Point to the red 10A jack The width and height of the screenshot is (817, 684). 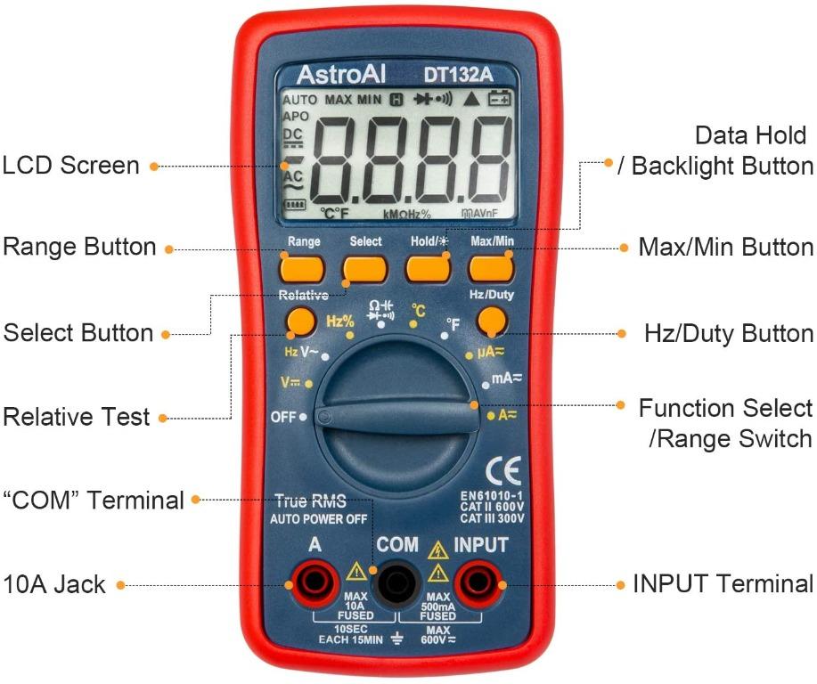313,584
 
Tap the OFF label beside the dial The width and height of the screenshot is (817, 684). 282,417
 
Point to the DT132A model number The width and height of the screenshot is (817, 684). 466,74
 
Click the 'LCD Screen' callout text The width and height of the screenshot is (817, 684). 71,166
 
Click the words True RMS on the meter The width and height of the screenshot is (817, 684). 310,501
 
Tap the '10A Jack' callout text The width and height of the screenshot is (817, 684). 55,585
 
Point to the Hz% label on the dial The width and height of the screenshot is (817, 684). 339,322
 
